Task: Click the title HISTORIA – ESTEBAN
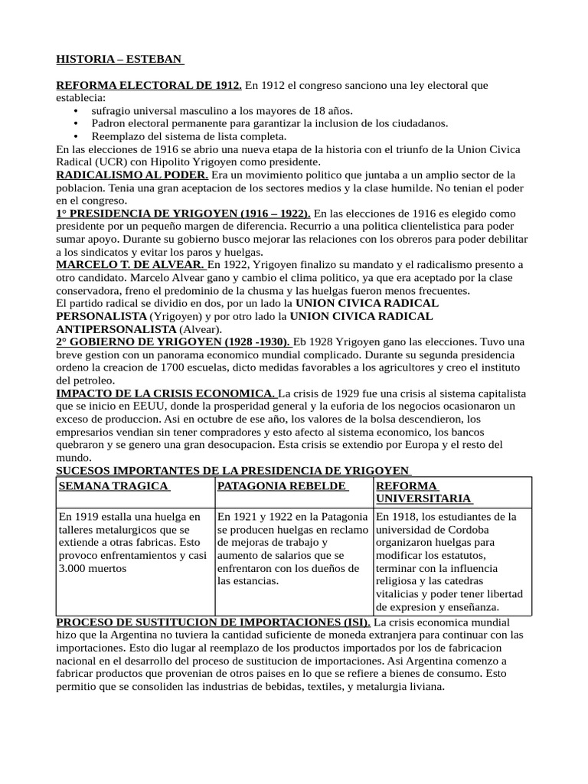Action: (119, 59)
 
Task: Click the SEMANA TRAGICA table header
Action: (113, 486)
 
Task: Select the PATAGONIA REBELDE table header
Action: (283, 486)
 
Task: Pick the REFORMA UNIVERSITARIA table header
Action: (423, 492)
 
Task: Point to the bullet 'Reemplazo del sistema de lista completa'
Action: (188, 136)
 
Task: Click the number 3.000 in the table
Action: (75, 569)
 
